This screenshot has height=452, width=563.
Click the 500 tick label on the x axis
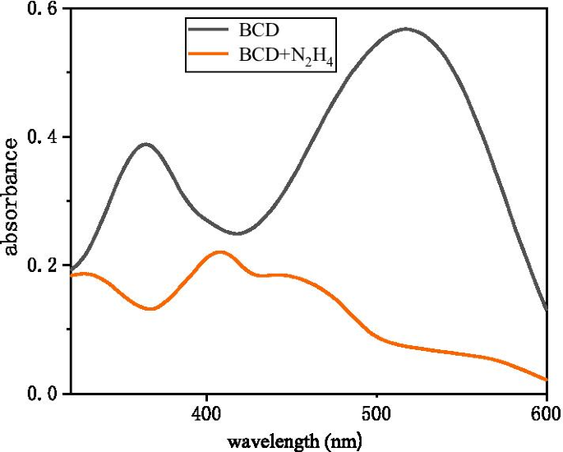(376, 413)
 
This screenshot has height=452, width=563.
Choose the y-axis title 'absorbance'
(12, 196)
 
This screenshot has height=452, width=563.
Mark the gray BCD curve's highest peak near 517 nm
(405, 29)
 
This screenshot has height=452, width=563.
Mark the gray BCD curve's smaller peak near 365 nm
(146, 144)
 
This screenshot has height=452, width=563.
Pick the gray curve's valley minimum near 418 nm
(237, 233)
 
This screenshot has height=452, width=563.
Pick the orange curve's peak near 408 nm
(220, 251)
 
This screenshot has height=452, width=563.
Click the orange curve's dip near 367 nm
(150, 309)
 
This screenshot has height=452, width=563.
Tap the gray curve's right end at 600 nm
(547, 311)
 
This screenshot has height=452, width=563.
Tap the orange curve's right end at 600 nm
(547, 380)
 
